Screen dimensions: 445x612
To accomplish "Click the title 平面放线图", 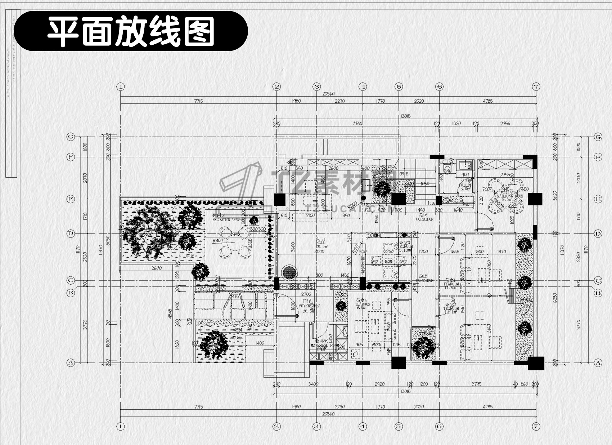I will click(131, 31).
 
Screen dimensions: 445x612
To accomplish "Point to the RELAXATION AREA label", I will click(225, 219).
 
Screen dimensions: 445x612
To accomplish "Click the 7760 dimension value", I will click(357, 124).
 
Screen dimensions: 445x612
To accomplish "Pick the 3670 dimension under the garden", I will click(156, 268).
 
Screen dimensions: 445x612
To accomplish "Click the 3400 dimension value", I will click(313, 384).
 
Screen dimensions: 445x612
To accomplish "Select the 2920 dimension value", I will click(379, 384).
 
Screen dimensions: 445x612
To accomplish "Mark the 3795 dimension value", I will click(476, 384).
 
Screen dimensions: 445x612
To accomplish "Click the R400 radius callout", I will click(217, 240).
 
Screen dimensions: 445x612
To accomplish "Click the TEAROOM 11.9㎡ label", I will click(451, 284).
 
